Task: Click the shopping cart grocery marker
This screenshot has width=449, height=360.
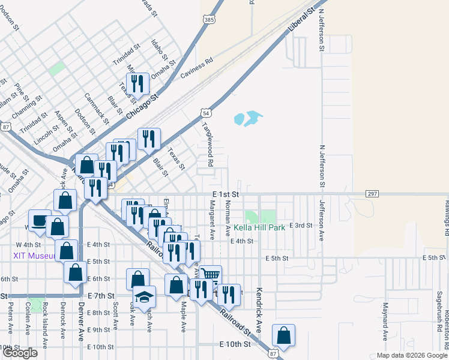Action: pos(210,275)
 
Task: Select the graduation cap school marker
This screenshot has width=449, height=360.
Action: pos(144,296)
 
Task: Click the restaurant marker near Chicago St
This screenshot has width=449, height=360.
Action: pos(138,83)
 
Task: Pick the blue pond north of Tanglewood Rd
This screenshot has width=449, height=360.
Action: pos(246,118)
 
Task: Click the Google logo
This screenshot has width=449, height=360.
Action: pos(20,353)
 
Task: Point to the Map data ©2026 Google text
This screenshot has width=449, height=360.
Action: pos(411,355)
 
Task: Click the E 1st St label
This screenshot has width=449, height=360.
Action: pos(226,194)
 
